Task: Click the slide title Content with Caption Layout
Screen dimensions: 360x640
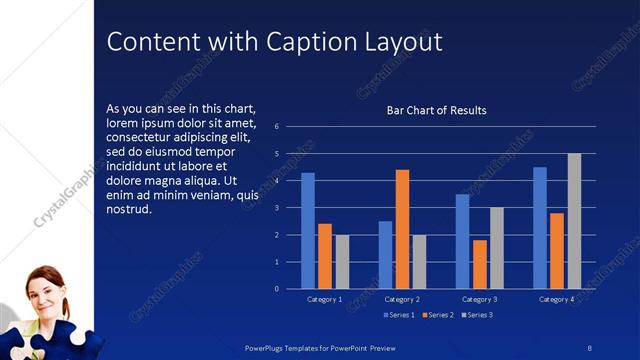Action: coord(273,42)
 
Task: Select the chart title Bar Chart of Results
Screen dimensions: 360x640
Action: coord(436,110)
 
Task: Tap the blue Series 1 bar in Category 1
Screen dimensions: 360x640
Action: coord(308,230)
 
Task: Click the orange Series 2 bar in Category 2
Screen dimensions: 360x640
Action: coord(402,229)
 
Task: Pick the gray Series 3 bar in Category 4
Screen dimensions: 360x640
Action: coord(574,221)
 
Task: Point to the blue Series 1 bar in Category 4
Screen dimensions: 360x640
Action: coord(540,227)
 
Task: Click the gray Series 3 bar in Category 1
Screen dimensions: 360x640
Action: coord(342,261)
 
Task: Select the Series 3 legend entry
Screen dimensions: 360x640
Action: coord(478,315)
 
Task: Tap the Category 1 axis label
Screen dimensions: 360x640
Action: coord(325,299)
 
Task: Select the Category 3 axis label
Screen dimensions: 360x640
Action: coord(480,299)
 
